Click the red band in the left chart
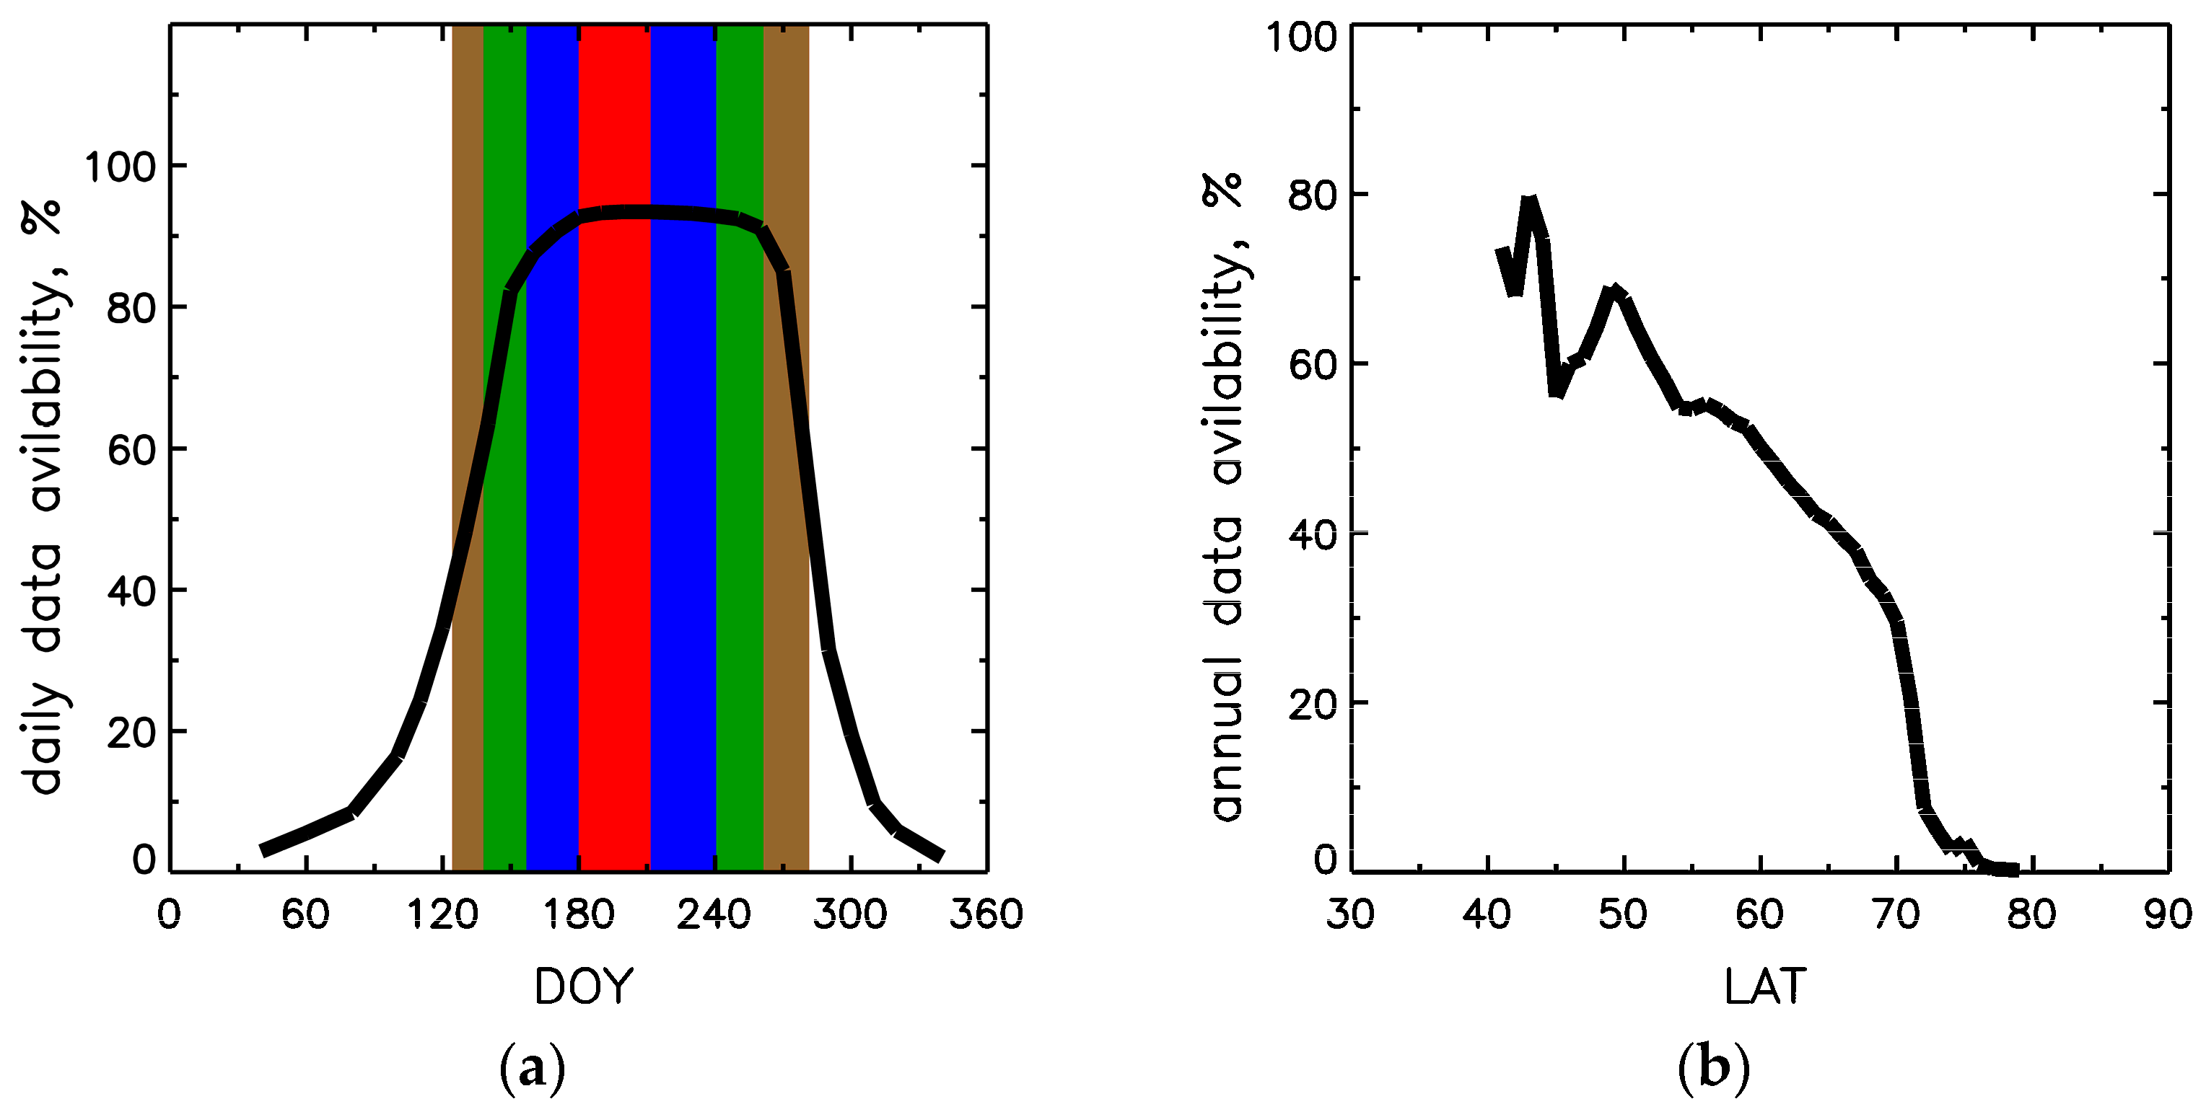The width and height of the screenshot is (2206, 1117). tap(614, 513)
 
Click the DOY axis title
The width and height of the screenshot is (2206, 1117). tap(583, 987)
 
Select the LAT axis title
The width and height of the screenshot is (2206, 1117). tap(1765, 987)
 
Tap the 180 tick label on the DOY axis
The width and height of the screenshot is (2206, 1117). tap(579, 915)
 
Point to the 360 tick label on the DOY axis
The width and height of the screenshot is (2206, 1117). tap(986, 915)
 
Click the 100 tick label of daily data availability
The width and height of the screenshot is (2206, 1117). tap(120, 167)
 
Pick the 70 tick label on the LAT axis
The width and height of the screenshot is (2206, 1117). tap(1896, 915)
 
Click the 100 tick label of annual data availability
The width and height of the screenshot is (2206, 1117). tap(1301, 37)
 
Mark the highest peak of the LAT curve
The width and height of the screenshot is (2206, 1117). tap(1529, 203)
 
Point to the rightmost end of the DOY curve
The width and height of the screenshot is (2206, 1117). tap(941, 856)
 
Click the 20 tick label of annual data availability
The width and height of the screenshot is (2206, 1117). tap(1312, 705)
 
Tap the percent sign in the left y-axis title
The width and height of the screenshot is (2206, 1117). tap(43, 217)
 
